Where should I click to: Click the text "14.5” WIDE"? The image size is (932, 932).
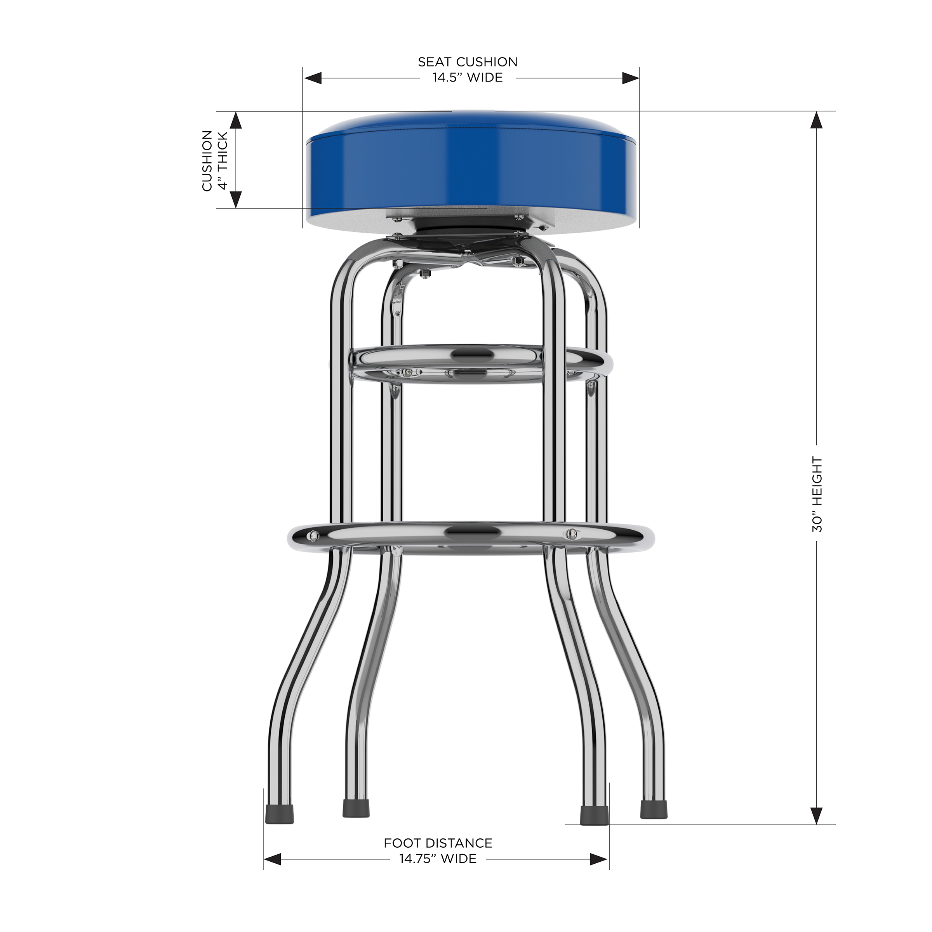click(468, 78)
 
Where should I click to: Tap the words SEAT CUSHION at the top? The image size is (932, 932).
click(468, 62)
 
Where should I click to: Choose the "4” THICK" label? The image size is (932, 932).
click(223, 161)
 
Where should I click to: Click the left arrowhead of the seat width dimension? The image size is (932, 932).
click(313, 78)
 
